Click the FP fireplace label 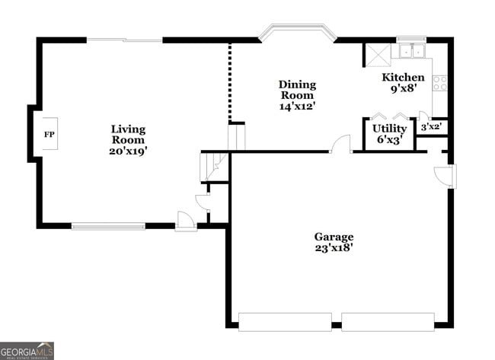pyautogui.click(x=49, y=135)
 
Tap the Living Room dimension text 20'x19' pyautogui.click(x=127, y=151)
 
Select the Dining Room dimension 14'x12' pyautogui.click(x=297, y=107)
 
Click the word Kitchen pyautogui.click(x=403, y=78)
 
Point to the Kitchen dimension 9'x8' pyautogui.click(x=403, y=89)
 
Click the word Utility pyautogui.click(x=389, y=129)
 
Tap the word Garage pyautogui.click(x=334, y=237)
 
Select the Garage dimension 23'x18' pyautogui.click(x=334, y=248)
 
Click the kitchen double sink pyautogui.click(x=411, y=52)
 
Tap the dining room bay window pyautogui.click(x=297, y=33)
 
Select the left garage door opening pyautogui.click(x=285, y=321)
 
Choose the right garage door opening pyautogui.click(x=388, y=321)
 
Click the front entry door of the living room pyautogui.click(x=185, y=221)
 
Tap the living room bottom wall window pyautogui.click(x=108, y=225)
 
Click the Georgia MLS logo pyautogui.click(x=27, y=351)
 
